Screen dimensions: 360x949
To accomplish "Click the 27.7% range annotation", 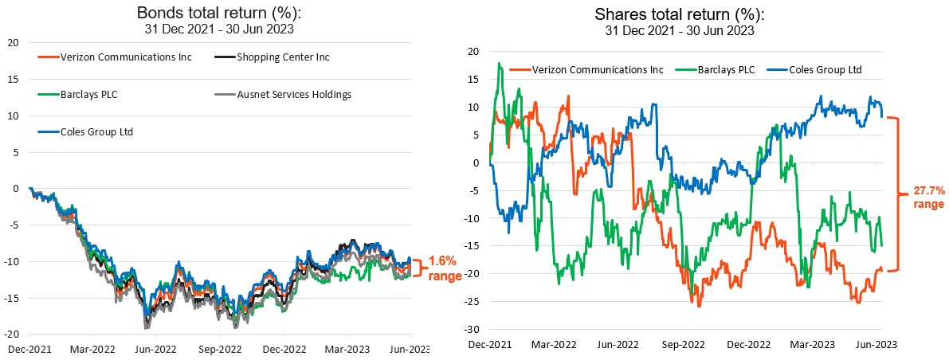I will coord(924,198).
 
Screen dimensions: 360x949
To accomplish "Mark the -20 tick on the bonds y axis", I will coord(13,335).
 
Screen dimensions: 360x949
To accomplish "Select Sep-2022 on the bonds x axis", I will coord(219,349).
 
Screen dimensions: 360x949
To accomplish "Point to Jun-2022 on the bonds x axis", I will coord(155,349).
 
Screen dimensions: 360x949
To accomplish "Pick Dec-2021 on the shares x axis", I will coord(488,344).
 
